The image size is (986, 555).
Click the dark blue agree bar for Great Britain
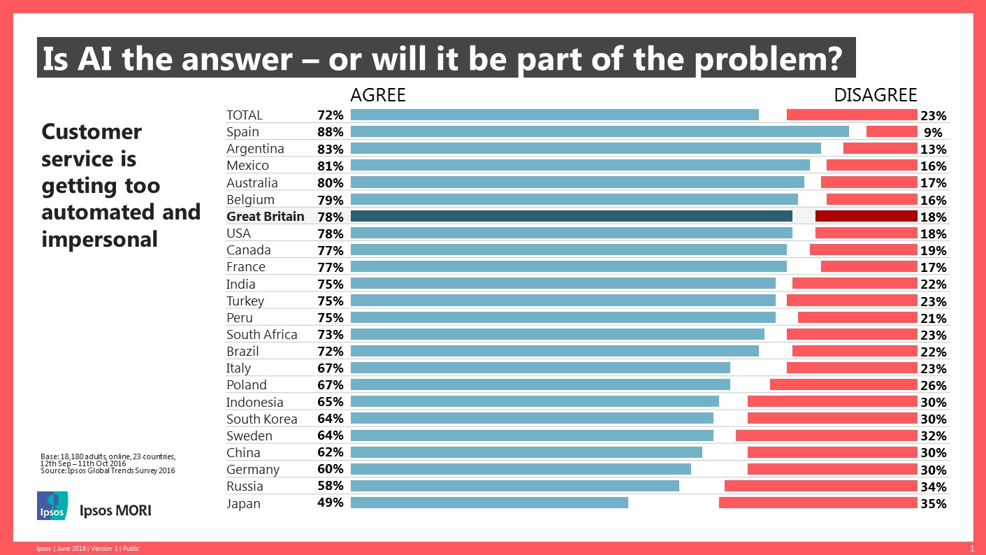pos(571,216)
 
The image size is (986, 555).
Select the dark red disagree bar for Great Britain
pos(866,216)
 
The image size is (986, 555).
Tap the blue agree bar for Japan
pos(489,503)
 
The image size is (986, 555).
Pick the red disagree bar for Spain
pos(891,131)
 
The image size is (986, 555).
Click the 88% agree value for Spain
pos(329,132)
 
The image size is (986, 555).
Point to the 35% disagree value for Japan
pos(933,503)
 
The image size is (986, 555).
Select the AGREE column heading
pos(377,95)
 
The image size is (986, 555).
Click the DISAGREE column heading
pos(875,95)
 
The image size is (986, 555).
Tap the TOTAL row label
pos(245,115)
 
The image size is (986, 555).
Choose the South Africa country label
pos(261,335)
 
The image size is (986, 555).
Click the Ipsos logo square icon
pos(52,505)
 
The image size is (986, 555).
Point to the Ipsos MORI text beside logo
pos(116,510)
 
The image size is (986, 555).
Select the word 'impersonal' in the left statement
pos(99,239)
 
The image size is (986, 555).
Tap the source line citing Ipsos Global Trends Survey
pos(108,471)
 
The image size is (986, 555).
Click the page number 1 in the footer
pos(972,548)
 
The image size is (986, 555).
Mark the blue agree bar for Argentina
pos(585,148)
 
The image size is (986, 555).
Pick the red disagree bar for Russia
pos(820,486)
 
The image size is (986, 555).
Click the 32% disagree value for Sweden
pos(933,436)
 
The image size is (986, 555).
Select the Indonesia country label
pos(254,402)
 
